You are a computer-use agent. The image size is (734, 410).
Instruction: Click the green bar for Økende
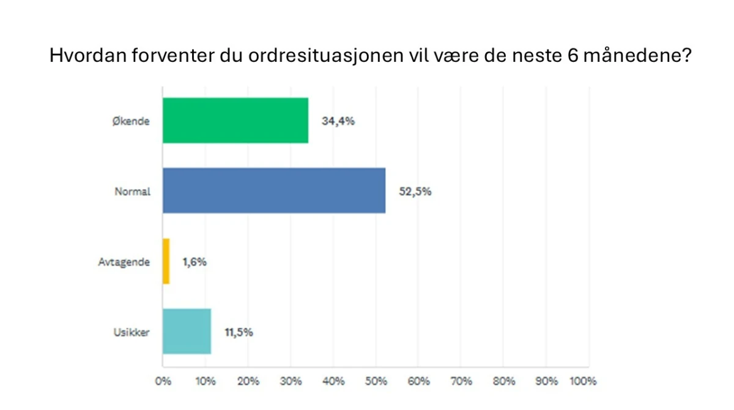point(235,121)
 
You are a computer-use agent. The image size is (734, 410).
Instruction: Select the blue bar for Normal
point(274,191)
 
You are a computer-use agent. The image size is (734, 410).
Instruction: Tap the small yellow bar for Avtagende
point(166,261)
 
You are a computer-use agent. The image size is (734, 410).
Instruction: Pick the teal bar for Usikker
point(187,332)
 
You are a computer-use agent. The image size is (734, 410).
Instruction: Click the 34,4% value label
point(338,121)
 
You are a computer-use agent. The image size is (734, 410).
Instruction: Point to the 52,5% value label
point(415,192)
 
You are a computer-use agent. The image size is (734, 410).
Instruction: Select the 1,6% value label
point(195,262)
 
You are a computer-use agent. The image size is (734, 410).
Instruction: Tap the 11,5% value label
point(240,332)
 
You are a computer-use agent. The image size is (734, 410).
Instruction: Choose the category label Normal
point(133,192)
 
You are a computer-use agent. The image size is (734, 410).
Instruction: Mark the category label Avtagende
point(124,262)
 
